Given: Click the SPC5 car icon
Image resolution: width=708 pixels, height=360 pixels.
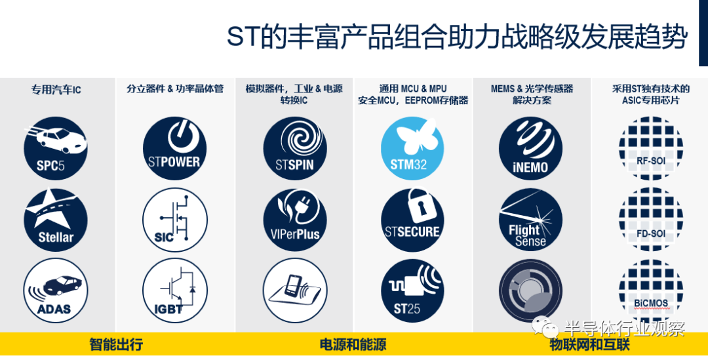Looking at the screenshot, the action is [x=56, y=148].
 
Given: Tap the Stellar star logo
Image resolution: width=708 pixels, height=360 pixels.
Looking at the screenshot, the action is [x=56, y=220].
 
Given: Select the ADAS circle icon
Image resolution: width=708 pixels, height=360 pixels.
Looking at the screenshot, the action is [x=56, y=290].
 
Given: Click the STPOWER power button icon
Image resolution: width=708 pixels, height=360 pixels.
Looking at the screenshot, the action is [x=175, y=148].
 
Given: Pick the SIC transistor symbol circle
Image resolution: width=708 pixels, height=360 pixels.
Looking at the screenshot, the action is [x=175, y=220].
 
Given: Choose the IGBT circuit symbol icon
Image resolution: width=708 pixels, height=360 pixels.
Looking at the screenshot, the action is [x=175, y=290].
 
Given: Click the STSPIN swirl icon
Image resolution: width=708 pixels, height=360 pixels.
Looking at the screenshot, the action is [x=295, y=148].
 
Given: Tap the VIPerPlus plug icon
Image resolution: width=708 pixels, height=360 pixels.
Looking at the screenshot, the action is [x=295, y=220].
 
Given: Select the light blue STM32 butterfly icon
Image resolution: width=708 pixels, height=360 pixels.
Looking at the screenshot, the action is [x=412, y=148].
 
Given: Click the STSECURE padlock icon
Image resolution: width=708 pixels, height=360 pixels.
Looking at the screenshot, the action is [x=412, y=220].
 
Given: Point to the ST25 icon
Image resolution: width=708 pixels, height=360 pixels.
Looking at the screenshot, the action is [x=412, y=290].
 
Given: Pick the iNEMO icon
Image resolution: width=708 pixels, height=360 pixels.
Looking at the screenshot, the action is [x=530, y=148].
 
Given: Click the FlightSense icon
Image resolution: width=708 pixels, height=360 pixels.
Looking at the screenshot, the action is [x=530, y=220].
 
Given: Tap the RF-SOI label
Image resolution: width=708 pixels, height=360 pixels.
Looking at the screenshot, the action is [x=651, y=161].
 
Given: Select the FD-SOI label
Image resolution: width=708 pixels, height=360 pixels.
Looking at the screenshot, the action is [x=651, y=234].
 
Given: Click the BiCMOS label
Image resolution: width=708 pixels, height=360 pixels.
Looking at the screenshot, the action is [x=651, y=304].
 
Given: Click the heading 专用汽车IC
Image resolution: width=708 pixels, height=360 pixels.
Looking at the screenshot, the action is [x=56, y=90].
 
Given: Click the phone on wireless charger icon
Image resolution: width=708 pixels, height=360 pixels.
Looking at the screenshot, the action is [x=295, y=290].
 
